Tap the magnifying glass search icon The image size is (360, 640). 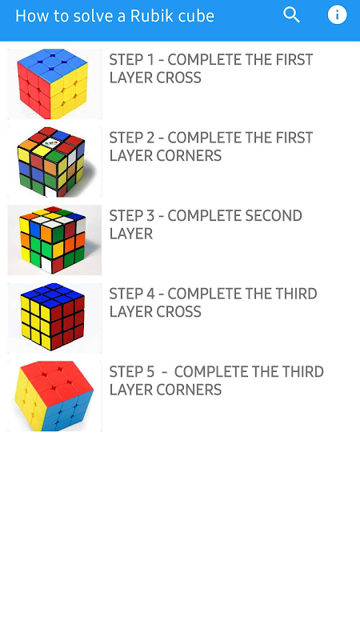(x=292, y=15)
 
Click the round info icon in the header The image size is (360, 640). (x=337, y=15)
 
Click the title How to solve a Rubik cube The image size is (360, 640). (x=114, y=16)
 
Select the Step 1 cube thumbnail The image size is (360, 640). (x=54, y=84)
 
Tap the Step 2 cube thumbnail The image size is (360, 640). (x=54, y=162)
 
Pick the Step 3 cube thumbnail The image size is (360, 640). (x=54, y=240)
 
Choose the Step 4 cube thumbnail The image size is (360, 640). (x=54, y=318)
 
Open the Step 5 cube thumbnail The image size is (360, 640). (x=54, y=396)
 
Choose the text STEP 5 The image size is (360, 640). (x=132, y=371)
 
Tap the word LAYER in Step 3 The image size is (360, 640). (x=131, y=234)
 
